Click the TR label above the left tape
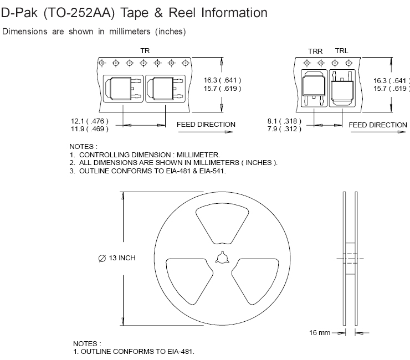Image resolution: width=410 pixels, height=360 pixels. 145,51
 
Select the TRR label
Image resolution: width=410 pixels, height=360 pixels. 315,52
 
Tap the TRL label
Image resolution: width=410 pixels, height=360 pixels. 342,51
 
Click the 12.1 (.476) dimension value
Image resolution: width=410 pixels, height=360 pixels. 89,121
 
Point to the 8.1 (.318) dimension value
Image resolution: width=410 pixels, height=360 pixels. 284,121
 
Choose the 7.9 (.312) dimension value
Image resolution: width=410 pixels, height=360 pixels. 284,129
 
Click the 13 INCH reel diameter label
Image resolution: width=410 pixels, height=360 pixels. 122,258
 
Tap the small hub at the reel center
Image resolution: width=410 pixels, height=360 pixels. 223,258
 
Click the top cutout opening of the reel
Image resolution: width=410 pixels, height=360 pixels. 222,225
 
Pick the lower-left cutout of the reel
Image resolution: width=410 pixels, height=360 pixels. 189,281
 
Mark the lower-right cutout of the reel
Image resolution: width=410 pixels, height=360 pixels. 255,281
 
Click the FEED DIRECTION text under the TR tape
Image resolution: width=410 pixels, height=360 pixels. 206,125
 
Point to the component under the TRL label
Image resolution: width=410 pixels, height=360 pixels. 342,88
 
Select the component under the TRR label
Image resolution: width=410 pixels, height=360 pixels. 314,88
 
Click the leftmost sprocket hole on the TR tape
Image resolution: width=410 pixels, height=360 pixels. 102,63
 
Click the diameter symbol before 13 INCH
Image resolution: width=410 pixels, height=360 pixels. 102,258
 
